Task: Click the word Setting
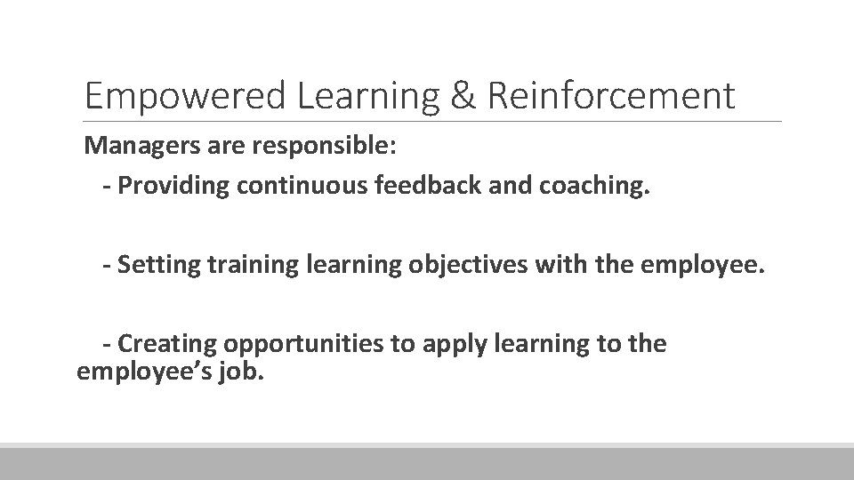click(x=149, y=264)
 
